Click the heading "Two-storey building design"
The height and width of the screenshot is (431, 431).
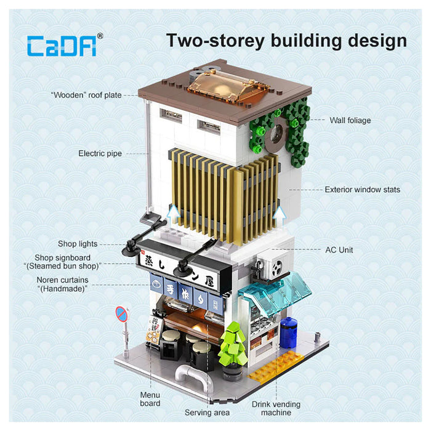coord(286,41)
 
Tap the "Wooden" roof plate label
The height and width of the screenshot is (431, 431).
coord(86,95)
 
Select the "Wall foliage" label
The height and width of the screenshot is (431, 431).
coord(350,121)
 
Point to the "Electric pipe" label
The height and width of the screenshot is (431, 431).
coord(100,153)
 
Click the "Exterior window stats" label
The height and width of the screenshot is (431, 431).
coord(362,190)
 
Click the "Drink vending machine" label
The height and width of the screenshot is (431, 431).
coord(276,408)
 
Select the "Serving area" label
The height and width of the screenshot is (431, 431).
coord(207,412)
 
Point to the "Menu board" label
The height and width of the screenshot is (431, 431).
coord(150,399)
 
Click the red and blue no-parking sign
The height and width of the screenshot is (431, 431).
coord(122,315)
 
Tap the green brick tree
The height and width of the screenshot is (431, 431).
coord(232,345)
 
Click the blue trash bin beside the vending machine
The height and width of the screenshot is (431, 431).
coord(288,332)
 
